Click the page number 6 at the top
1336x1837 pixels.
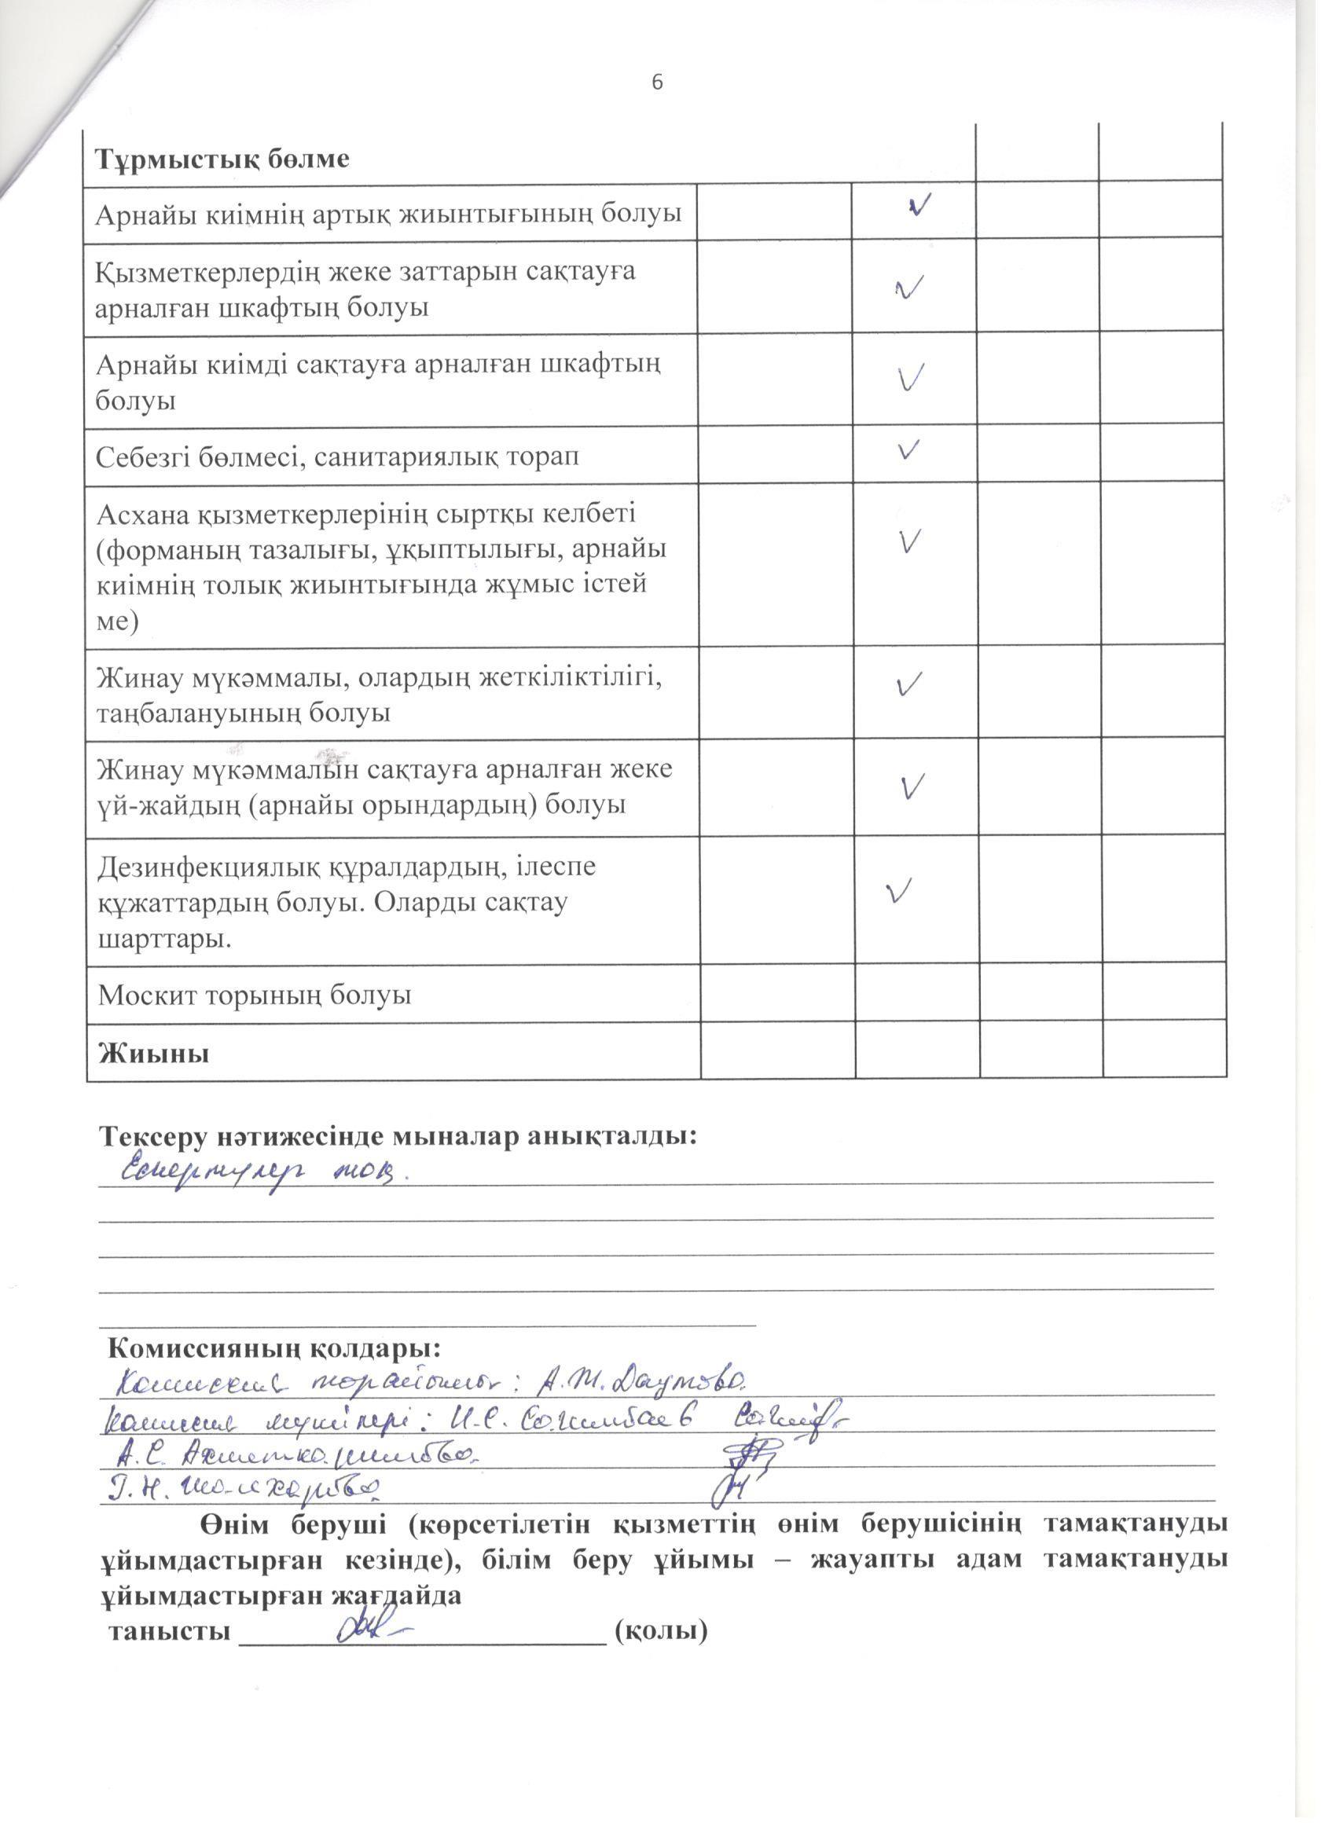pyautogui.click(x=657, y=82)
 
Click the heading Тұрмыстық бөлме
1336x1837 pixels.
pyautogui.click(x=223, y=159)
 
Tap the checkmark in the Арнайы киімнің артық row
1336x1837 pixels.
pyautogui.click(x=919, y=205)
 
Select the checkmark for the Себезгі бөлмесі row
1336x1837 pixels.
pyautogui.click(x=909, y=449)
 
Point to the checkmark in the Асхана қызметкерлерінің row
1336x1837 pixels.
pyautogui.click(x=911, y=541)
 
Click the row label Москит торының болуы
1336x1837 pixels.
pyautogui.click(x=255, y=995)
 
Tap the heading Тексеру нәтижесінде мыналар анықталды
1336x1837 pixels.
pyautogui.click(x=398, y=1135)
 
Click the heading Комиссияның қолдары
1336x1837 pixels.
pyautogui.click(x=274, y=1348)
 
